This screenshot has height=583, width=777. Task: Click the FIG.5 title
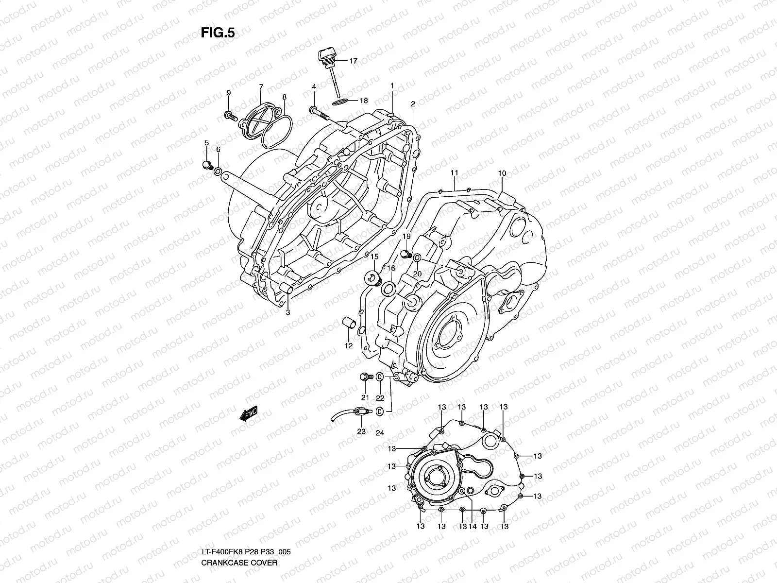click(x=218, y=33)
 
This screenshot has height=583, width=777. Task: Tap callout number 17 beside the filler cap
click(x=353, y=61)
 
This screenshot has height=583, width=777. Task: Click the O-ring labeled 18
click(x=340, y=101)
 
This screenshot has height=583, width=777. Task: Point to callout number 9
click(x=242, y=92)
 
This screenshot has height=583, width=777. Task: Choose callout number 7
click(x=261, y=87)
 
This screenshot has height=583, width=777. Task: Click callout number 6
click(x=218, y=150)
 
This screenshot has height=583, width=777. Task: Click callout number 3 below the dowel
click(x=287, y=313)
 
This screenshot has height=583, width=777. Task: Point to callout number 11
click(x=454, y=173)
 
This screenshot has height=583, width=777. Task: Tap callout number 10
click(x=502, y=173)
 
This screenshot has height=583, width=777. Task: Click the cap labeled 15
click(x=372, y=279)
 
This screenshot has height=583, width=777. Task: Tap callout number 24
click(x=380, y=431)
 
